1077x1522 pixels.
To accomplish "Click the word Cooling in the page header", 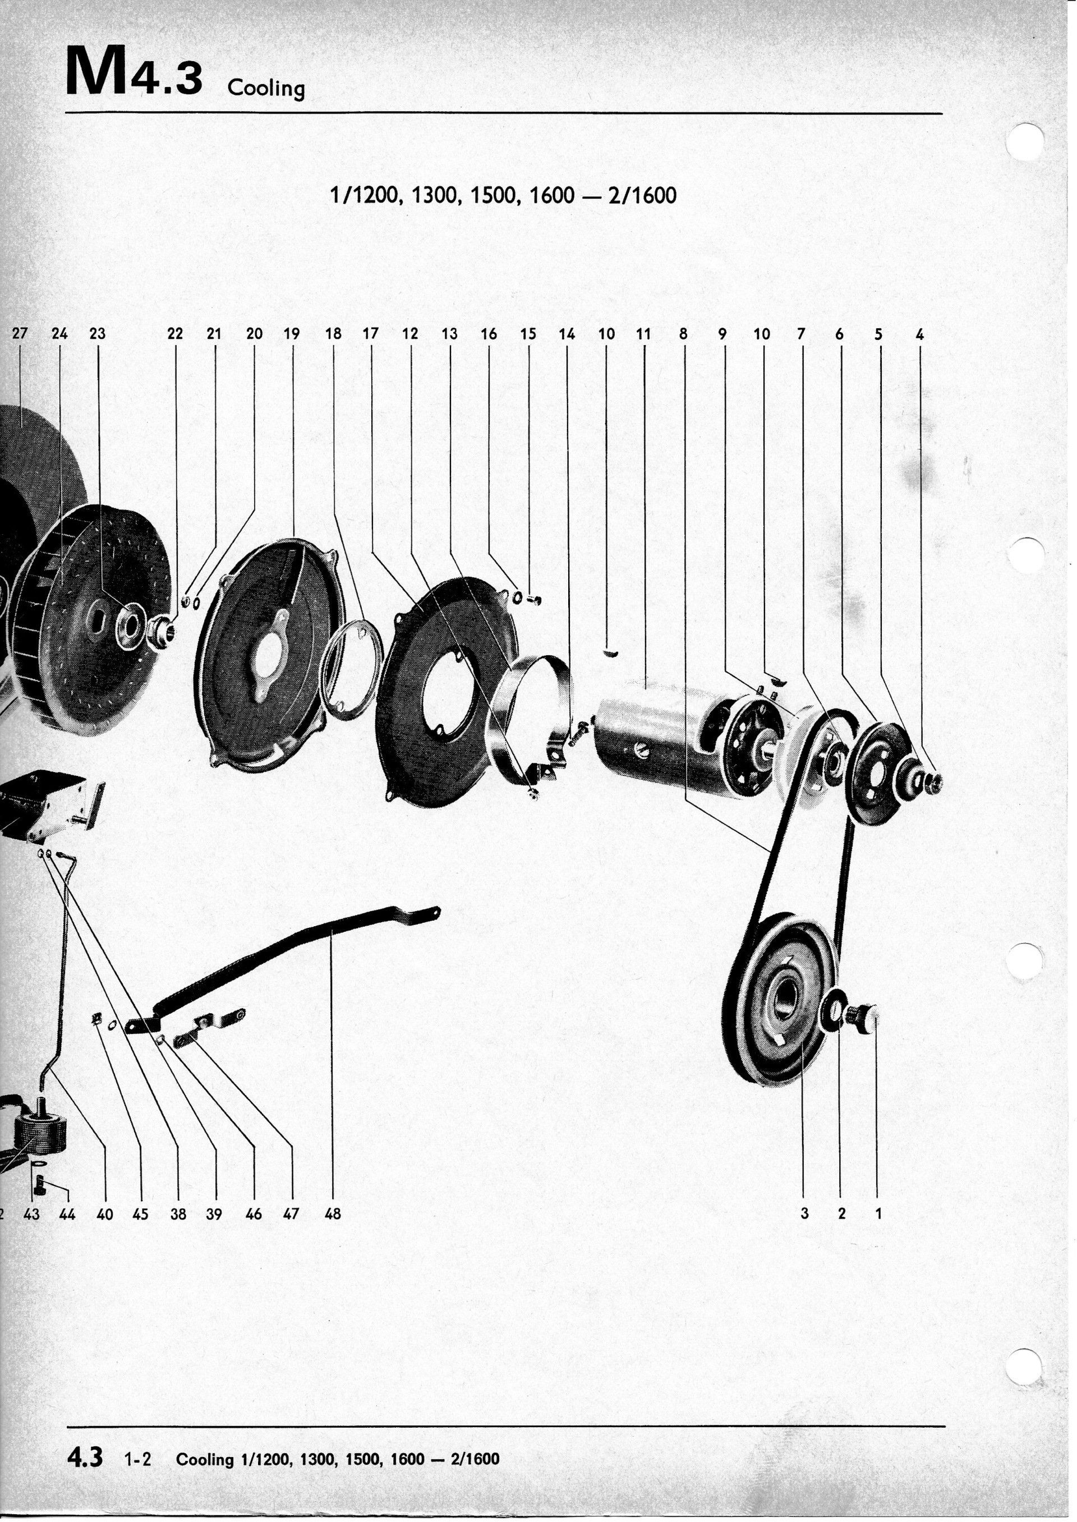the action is point(266,88).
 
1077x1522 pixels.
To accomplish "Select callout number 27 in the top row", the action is point(20,334).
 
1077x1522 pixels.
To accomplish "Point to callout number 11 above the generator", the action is point(643,334).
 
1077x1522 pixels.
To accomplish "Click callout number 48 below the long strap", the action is point(332,1214).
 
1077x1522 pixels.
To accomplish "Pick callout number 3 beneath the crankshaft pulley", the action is point(804,1213).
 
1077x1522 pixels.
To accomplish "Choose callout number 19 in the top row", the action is point(292,334).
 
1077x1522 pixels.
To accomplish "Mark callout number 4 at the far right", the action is point(919,335).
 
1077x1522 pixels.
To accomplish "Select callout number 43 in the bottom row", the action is point(31,1214).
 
